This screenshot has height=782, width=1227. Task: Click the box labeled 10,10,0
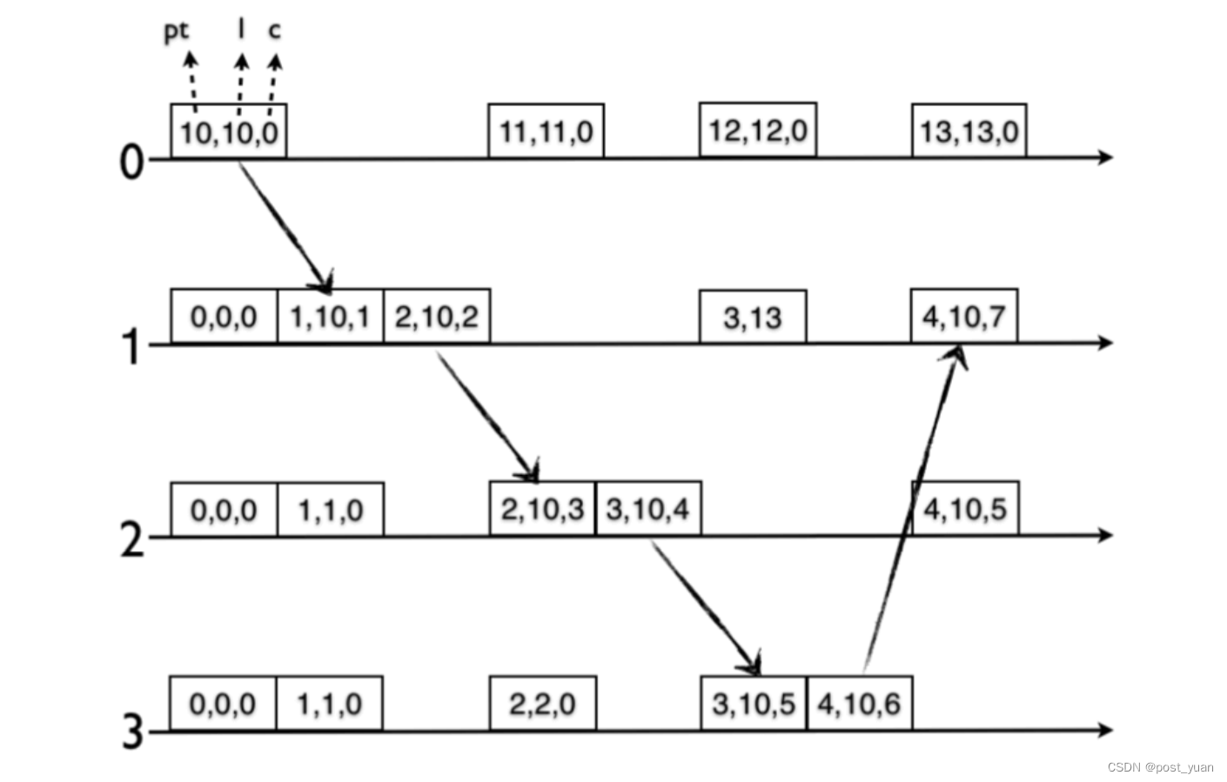(x=229, y=132)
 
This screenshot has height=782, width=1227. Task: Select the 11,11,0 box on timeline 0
(x=546, y=131)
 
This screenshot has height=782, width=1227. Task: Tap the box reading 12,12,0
(x=757, y=130)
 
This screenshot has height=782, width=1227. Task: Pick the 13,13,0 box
(x=969, y=131)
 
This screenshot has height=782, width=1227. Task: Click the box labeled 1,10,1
(x=330, y=317)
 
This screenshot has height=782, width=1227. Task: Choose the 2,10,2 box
(x=437, y=317)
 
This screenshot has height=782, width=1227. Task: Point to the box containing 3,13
(x=753, y=317)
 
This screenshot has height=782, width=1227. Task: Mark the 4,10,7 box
(x=964, y=317)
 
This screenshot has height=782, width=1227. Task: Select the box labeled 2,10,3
(x=542, y=509)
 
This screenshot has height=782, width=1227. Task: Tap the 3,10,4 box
(x=648, y=509)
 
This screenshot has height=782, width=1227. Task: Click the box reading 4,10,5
(x=965, y=509)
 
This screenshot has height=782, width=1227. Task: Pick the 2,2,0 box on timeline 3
(x=542, y=703)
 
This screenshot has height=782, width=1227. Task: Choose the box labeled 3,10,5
(x=754, y=703)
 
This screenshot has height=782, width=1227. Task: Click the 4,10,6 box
(x=859, y=703)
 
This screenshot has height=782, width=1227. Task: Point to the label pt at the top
(x=176, y=31)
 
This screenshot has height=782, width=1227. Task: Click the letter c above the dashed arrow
(x=274, y=30)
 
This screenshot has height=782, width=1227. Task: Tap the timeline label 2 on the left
(x=131, y=539)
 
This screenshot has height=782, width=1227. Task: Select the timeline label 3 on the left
(x=131, y=731)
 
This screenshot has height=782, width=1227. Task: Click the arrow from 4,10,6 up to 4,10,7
(x=909, y=513)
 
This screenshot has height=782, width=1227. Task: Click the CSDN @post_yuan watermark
(x=1160, y=767)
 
